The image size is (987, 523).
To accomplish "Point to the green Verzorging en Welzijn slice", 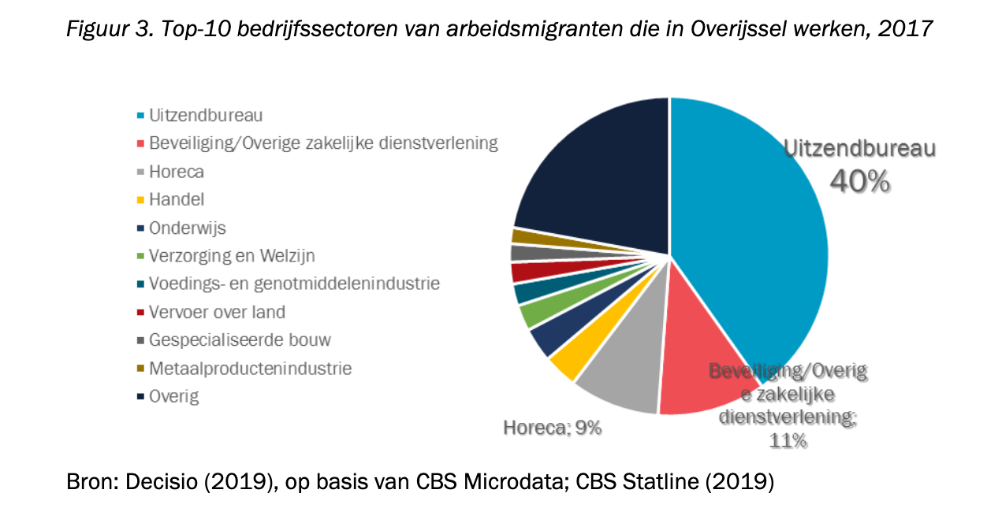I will click(x=535, y=313).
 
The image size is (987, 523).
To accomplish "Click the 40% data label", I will click(x=859, y=182).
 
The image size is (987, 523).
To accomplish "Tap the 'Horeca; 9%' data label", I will click(x=552, y=428).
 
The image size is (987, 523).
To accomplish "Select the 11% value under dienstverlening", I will click(x=788, y=441).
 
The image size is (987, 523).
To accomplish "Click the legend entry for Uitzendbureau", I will click(x=205, y=115).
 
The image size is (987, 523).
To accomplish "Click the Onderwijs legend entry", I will click(x=187, y=228).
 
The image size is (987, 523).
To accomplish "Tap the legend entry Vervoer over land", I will click(x=217, y=312).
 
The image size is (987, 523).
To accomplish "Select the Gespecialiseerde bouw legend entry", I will click(x=240, y=340).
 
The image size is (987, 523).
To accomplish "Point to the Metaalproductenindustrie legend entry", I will click(x=250, y=368).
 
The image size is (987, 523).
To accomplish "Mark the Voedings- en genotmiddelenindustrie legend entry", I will click(x=294, y=284).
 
